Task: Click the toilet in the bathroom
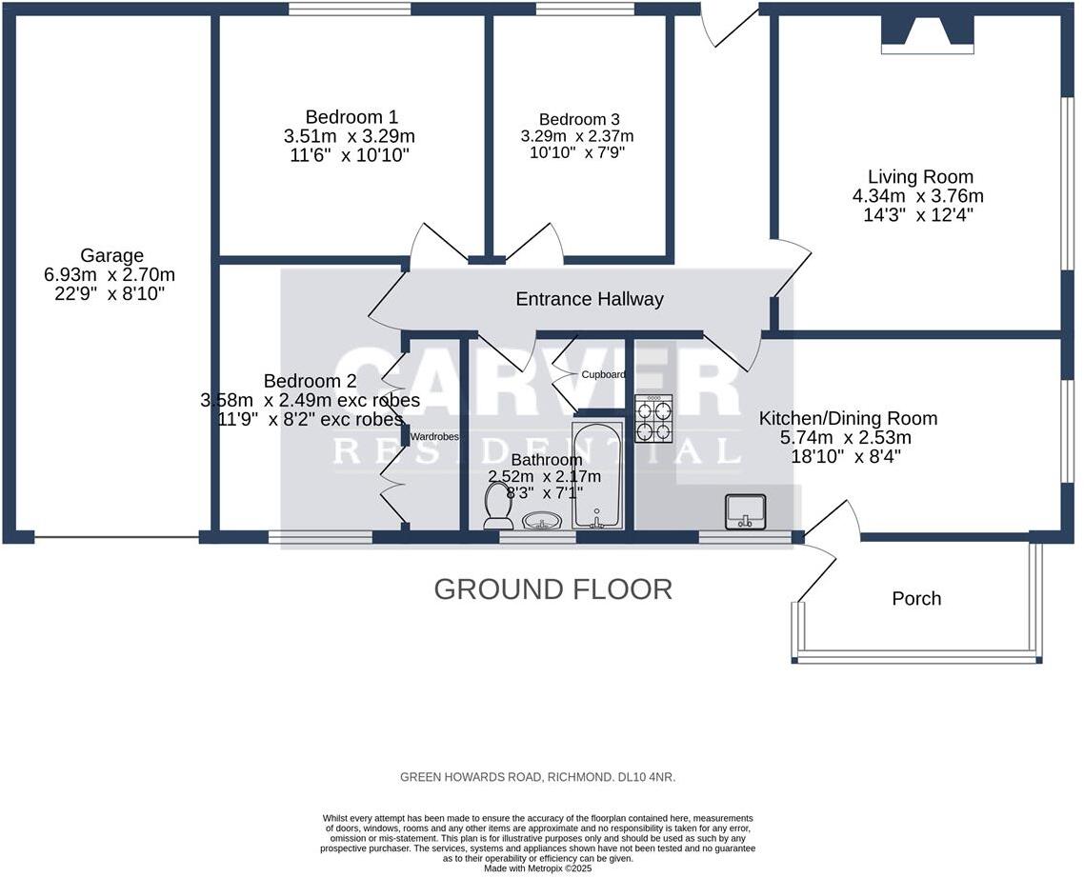(x=498, y=505)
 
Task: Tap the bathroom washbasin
(x=543, y=521)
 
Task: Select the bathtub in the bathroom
(x=597, y=474)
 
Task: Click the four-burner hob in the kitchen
(x=653, y=418)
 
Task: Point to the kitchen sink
(x=746, y=511)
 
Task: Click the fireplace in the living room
(x=928, y=34)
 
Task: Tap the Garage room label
(x=111, y=255)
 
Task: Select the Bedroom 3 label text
(x=579, y=119)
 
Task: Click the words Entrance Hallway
(x=589, y=299)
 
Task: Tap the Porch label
(x=915, y=598)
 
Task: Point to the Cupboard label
(x=603, y=375)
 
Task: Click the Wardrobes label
(x=435, y=437)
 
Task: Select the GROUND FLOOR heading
(x=552, y=589)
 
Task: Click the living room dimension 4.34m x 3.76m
(x=918, y=196)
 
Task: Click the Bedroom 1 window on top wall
(x=350, y=10)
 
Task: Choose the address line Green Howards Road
(x=537, y=777)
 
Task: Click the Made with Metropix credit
(x=537, y=868)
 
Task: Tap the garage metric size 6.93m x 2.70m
(x=110, y=274)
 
